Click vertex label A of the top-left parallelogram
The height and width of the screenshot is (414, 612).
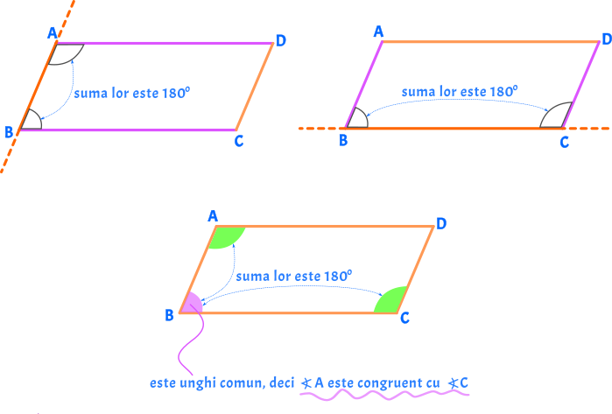coord(53,33)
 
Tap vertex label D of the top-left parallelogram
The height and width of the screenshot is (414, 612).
coord(280,40)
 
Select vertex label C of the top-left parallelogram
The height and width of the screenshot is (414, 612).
coord(238,141)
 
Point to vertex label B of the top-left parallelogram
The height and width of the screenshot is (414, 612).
coord(9,132)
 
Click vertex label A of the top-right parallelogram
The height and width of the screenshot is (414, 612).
coord(378,32)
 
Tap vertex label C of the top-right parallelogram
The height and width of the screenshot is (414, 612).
coord(564,142)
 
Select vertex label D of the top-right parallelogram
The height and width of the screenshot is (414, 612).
coord(606,39)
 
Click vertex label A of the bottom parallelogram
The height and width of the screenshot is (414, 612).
coord(212,215)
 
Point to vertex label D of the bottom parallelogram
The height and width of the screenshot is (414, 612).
coord(441,224)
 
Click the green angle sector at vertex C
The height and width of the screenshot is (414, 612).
coord(390,301)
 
